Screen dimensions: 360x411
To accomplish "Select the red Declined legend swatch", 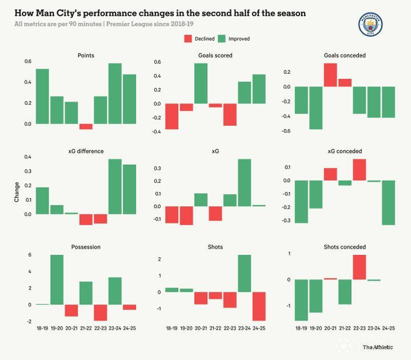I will pyautogui.click(x=188, y=39).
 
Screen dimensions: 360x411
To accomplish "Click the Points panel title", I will pyautogui.click(x=86, y=55).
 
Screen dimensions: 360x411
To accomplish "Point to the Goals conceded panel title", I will pyautogui.click(x=345, y=55).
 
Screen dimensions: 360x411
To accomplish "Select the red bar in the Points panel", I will pyautogui.click(x=86, y=126).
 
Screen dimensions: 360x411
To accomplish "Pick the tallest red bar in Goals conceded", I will pyautogui.click(x=330, y=75).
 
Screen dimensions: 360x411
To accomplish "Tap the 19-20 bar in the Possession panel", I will pyautogui.click(x=57, y=280).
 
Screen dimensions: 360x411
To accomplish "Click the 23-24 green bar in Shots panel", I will pyautogui.click(x=244, y=273).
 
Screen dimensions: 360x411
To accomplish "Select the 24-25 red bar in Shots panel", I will pyautogui.click(x=259, y=306).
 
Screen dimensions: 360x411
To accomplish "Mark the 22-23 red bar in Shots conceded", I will pyautogui.click(x=359, y=267).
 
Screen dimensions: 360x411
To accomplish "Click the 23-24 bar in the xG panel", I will pyautogui.click(x=244, y=183).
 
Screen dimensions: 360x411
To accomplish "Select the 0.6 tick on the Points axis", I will pyautogui.click(x=28, y=62).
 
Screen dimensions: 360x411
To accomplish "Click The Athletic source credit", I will pyautogui.click(x=378, y=347).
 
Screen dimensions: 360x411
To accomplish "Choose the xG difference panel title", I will pyautogui.click(x=86, y=151).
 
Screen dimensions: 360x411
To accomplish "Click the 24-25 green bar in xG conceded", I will pyautogui.click(x=388, y=203).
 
